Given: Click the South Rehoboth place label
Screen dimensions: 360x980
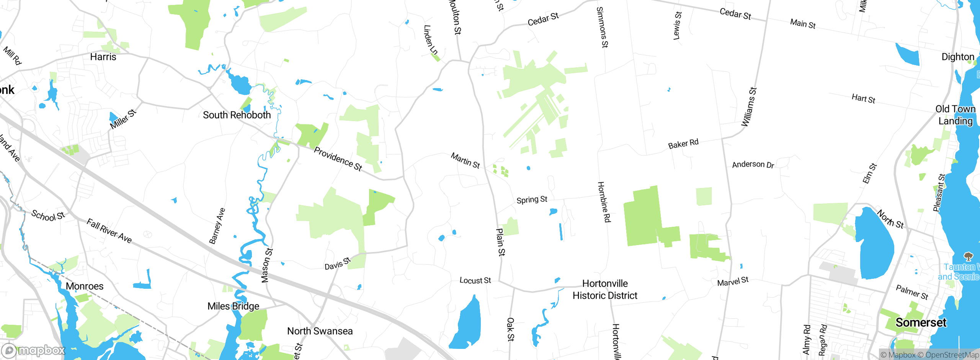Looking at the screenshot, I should [x=237, y=115].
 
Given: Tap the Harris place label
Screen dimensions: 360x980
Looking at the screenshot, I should [x=103, y=57].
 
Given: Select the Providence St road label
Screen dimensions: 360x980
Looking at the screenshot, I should [x=338, y=159].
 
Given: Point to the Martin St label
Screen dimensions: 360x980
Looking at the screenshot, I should [x=465, y=160].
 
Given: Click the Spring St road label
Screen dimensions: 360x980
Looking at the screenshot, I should [x=532, y=200].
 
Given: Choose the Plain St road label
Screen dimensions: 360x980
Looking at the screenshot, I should [x=500, y=242].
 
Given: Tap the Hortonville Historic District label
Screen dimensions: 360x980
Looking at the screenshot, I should [x=605, y=290].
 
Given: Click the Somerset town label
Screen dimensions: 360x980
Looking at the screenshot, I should [x=921, y=322].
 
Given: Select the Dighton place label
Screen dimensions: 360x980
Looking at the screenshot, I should [x=958, y=57].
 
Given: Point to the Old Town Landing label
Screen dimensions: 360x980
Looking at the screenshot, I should [x=955, y=115].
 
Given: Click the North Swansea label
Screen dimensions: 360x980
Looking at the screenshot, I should [x=320, y=331].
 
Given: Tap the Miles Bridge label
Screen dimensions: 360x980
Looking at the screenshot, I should [x=233, y=306].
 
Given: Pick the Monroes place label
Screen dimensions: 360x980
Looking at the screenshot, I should [x=85, y=286].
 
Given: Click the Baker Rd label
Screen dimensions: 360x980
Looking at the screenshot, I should [x=683, y=144].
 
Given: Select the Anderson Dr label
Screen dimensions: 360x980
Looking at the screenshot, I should [x=753, y=165].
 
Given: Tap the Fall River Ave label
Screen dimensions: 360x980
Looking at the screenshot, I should [x=109, y=231].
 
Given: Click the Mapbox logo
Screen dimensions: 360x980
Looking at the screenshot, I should [x=34, y=350].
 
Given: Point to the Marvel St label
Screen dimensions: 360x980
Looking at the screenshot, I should [x=733, y=281].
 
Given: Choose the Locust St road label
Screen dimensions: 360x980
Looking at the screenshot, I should [x=475, y=280].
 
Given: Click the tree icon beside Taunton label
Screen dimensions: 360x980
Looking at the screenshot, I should [x=968, y=256].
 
